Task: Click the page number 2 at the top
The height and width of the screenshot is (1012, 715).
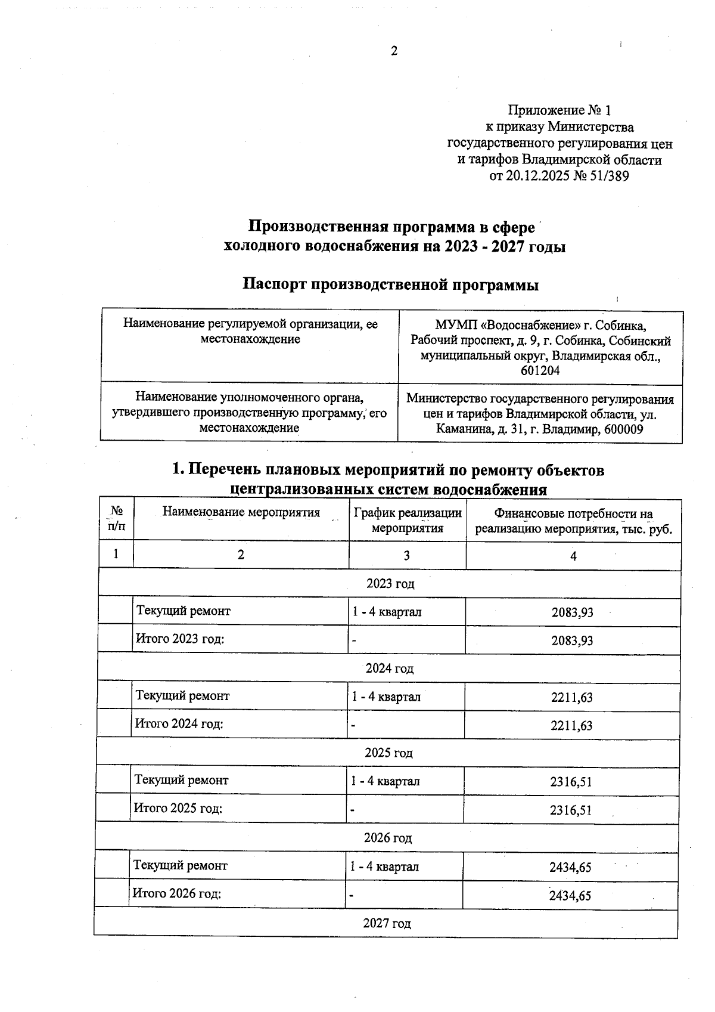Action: coord(394,51)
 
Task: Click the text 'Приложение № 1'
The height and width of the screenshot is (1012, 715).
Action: coord(559,110)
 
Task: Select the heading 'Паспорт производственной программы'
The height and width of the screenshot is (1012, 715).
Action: coord(391,285)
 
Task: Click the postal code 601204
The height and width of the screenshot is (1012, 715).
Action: coord(540,371)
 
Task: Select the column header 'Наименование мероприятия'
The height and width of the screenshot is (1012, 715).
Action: coord(241,512)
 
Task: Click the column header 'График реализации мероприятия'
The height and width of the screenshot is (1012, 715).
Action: coord(408,520)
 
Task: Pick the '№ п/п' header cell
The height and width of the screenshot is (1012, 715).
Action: coord(117,519)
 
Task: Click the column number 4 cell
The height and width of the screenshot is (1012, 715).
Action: coord(573,556)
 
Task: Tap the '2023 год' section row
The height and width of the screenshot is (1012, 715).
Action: coord(390,584)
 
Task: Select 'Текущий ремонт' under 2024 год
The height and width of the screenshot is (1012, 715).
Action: coord(183,696)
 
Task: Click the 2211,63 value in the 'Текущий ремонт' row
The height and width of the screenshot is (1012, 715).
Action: coord(572,698)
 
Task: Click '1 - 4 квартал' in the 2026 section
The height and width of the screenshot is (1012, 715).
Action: coord(384,867)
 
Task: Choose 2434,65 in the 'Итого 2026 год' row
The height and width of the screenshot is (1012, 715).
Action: coord(570,896)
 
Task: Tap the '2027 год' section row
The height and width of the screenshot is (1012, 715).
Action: coord(387,924)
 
